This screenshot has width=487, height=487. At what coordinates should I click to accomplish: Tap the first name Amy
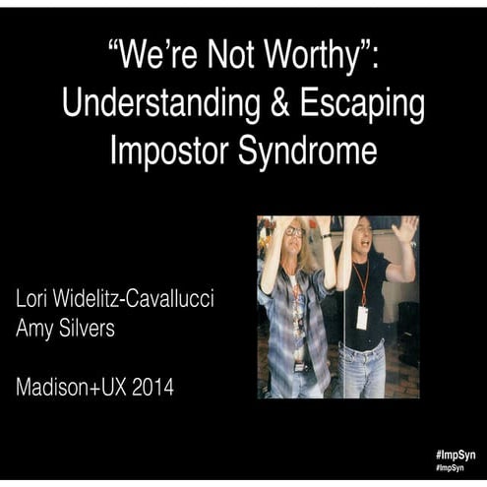[x=37, y=330]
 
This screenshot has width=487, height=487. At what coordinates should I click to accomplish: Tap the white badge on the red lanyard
[x=362, y=317]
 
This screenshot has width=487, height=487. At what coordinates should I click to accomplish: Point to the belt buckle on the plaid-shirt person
[x=299, y=367]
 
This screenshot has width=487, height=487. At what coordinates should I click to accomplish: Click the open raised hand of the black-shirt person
[x=403, y=230]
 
